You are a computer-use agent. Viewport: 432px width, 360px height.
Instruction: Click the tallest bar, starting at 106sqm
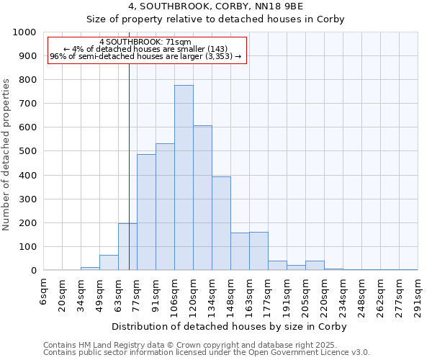[x=184, y=178]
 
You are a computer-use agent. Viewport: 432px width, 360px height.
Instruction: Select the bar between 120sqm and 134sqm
[x=202, y=198]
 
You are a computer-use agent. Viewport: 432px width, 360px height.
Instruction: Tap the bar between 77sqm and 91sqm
[x=146, y=212]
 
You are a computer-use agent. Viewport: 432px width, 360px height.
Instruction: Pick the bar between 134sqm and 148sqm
[x=221, y=223]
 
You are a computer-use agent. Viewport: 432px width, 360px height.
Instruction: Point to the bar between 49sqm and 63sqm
[x=109, y=263]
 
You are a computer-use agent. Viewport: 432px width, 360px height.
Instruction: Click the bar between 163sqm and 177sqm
[x=258, y=251]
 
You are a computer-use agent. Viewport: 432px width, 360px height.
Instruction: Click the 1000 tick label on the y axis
[x=24, y=32]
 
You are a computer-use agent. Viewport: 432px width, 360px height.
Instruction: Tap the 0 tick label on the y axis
[x=33, y=271]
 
